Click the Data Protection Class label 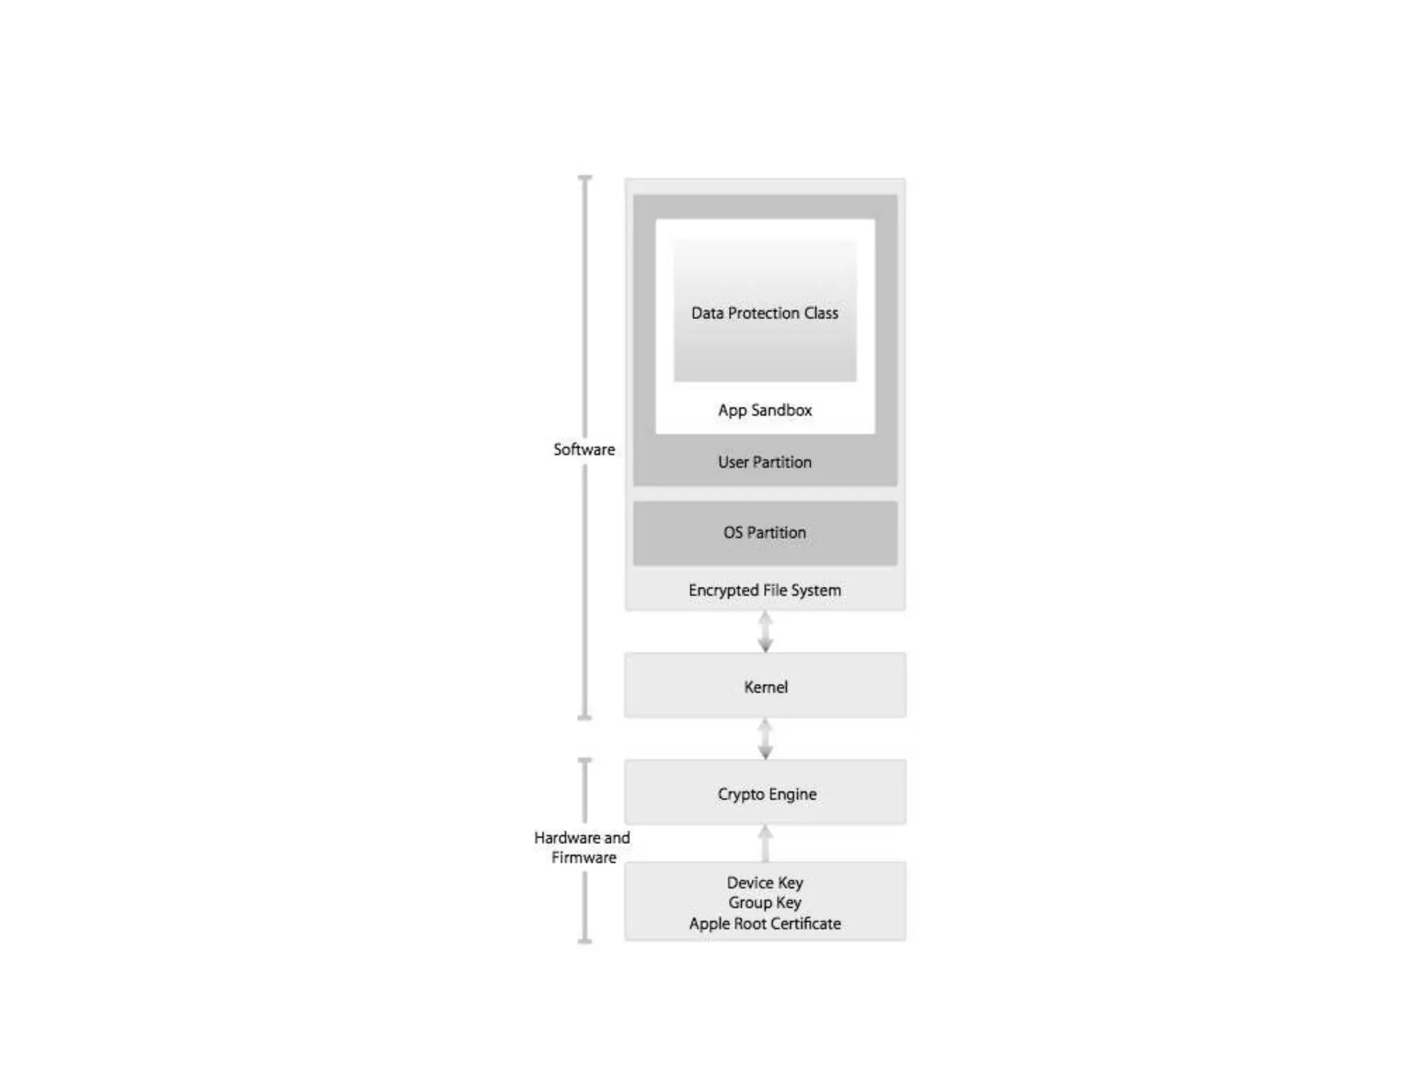tap(764, 313)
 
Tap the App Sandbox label tap(764, 410)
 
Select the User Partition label tap(764, 462)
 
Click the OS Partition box tap(764, 533)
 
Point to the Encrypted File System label tap(764, 590)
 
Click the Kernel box tap(765, 686)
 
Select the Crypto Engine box tap(765, 793)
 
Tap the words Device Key tap(764, 882)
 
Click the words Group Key tap(764, 902)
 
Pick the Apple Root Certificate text tap(764, 923)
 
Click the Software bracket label tap(584, 449)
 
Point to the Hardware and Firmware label tap(583, 847)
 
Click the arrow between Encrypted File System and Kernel tap(765, 631)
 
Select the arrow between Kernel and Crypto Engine tap(765, 738)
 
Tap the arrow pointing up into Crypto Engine tap(765, 843)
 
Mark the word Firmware tap(584, 857)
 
